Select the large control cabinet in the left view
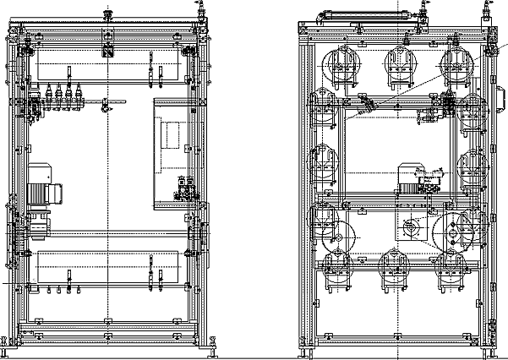pos(178,152)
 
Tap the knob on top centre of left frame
pos(107,14)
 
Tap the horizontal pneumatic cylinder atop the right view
pos(368,15)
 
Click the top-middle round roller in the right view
pos(401,64)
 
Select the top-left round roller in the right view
pos(342,64)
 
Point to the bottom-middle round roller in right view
pos(393,266)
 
